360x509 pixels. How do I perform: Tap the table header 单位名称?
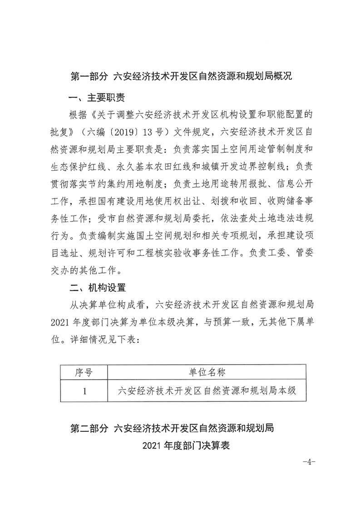(207, 373)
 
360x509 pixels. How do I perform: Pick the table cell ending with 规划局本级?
(207, 390)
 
